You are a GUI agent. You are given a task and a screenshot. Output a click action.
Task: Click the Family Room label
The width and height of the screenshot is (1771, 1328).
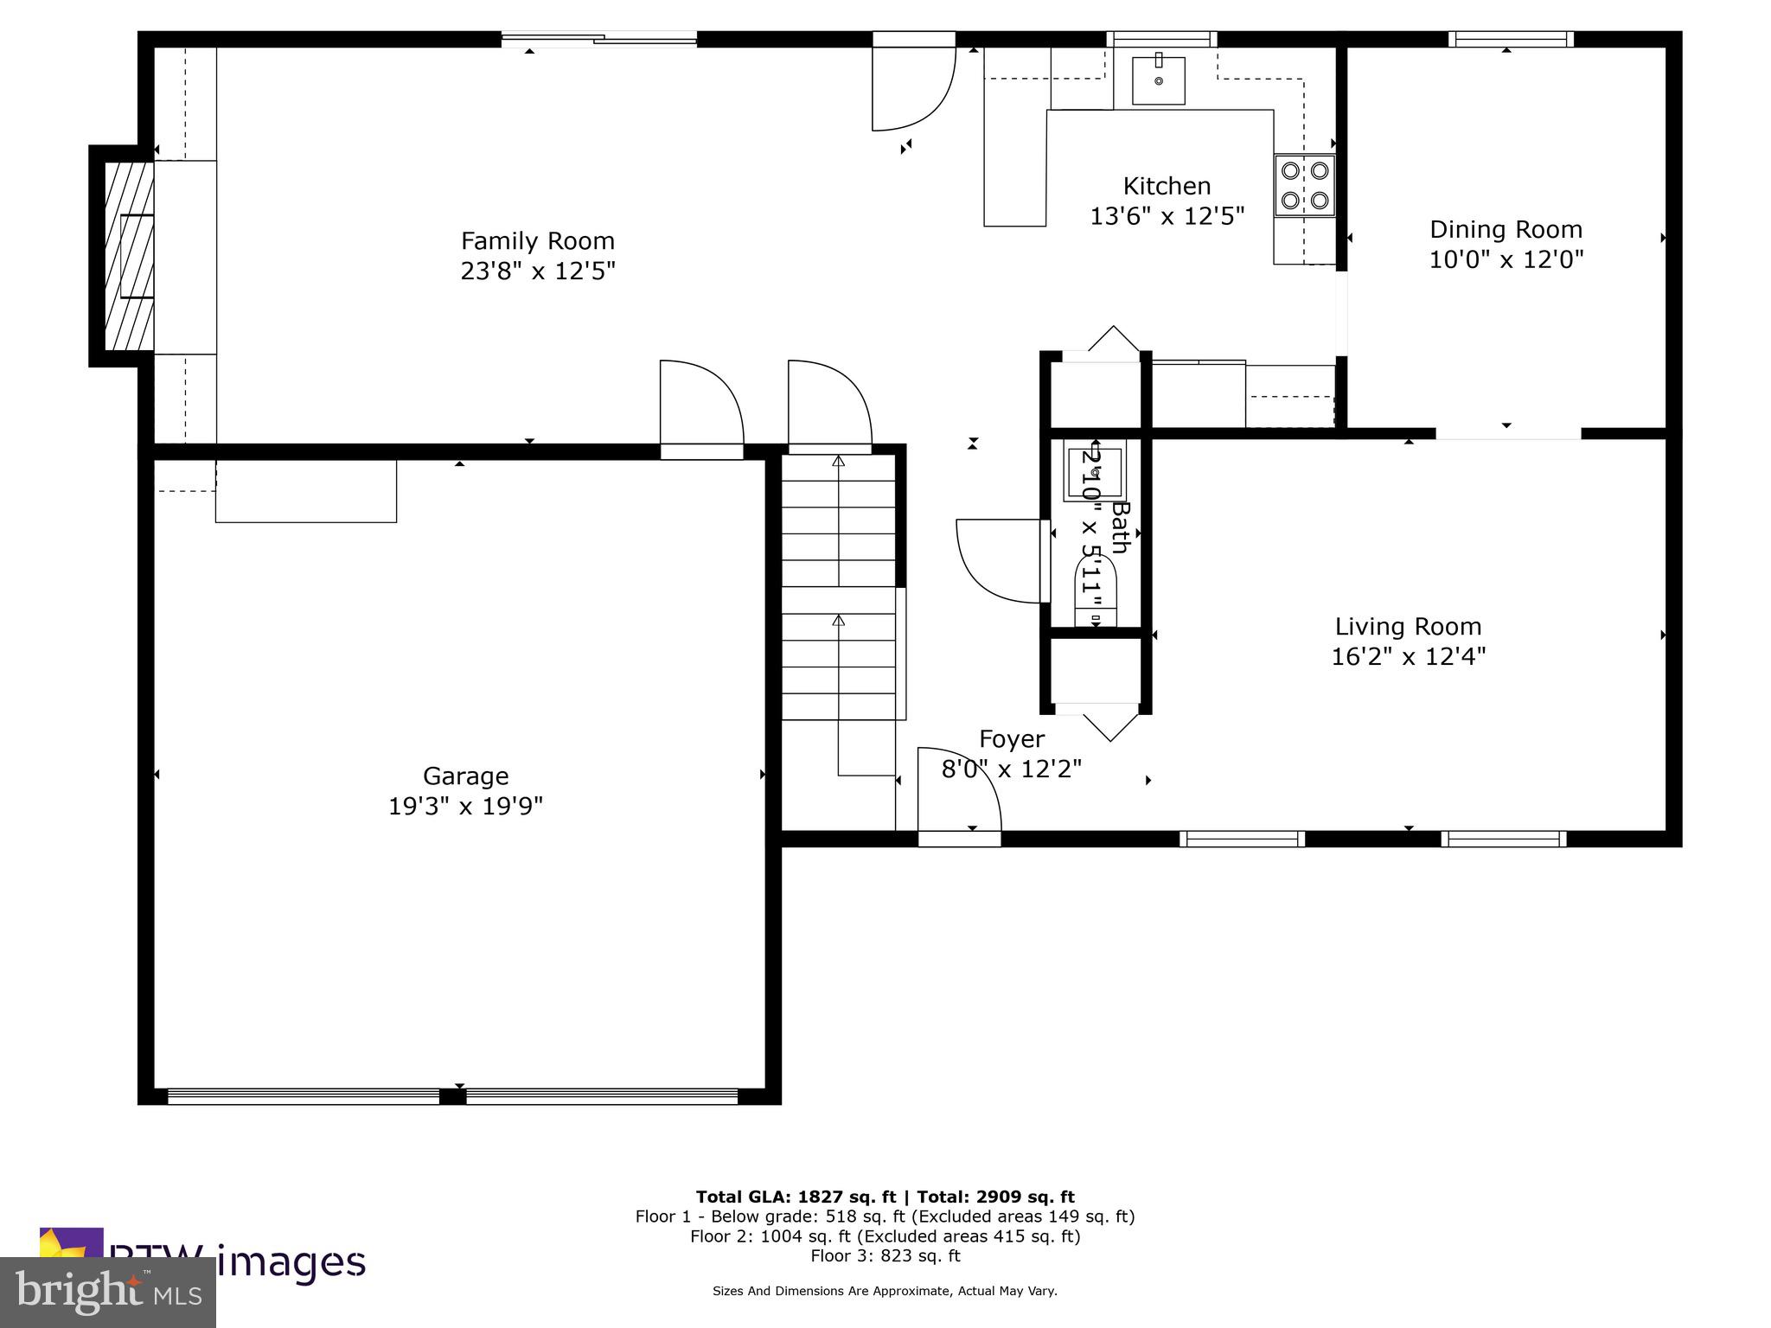[537, 241]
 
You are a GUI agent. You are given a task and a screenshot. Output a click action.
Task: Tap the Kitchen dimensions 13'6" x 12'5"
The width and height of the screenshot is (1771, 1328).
[1167, 216]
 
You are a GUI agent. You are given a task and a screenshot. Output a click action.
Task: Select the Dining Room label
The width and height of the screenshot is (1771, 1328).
[1506, 230]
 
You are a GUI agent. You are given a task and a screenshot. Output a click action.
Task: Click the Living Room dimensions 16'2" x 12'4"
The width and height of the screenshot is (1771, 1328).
[1408, 657]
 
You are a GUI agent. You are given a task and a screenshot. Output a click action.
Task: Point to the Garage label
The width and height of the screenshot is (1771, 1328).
[465, 776]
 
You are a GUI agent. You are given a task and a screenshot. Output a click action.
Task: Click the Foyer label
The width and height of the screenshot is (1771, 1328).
[1012, 739]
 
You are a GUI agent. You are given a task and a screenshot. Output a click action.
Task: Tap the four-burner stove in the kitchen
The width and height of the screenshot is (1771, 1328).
[1304, 185]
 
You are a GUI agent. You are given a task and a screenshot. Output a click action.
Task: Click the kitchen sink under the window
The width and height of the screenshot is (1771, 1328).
[1158, 80]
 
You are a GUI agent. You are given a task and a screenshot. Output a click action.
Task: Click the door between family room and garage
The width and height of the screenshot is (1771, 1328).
[701, 406]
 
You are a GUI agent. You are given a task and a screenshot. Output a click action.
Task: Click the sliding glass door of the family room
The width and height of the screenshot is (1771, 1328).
[598, 38]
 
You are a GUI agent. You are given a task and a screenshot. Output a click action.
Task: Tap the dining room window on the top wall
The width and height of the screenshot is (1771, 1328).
[1510, 39]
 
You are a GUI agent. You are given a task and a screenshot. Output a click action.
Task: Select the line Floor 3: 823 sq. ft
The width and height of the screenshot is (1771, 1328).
[885, 1255]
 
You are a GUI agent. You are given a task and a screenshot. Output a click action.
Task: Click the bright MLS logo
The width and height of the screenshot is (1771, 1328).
[108, 1293]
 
